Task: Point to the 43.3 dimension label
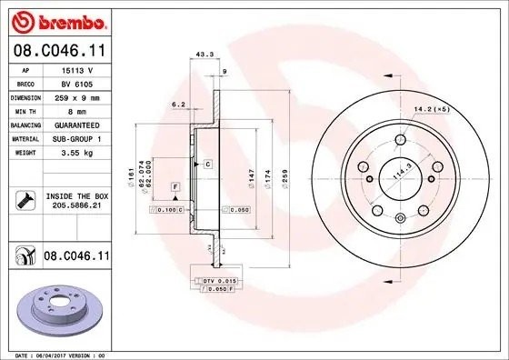tap(205, 55)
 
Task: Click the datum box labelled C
tap(207, 164)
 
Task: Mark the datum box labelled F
tap(175, 186)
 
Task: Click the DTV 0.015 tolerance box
tap(219, 281)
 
